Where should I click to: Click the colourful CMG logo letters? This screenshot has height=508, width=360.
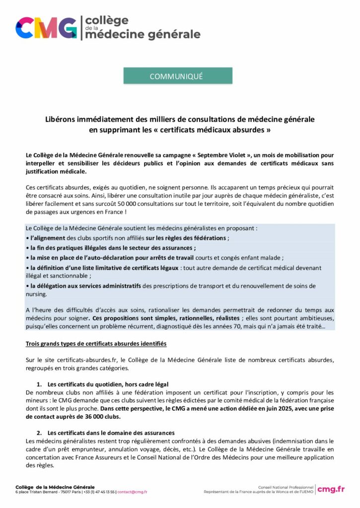[46, 27]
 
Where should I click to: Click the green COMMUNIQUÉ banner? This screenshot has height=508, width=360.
[178, 76]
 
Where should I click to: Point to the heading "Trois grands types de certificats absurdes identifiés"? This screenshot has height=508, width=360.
[96, 343]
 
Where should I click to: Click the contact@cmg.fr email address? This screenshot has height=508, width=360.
[132, 492]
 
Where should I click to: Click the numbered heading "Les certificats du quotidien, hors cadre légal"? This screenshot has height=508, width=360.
[108, 384]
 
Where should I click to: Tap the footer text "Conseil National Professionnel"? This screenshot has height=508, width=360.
[286, 487]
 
